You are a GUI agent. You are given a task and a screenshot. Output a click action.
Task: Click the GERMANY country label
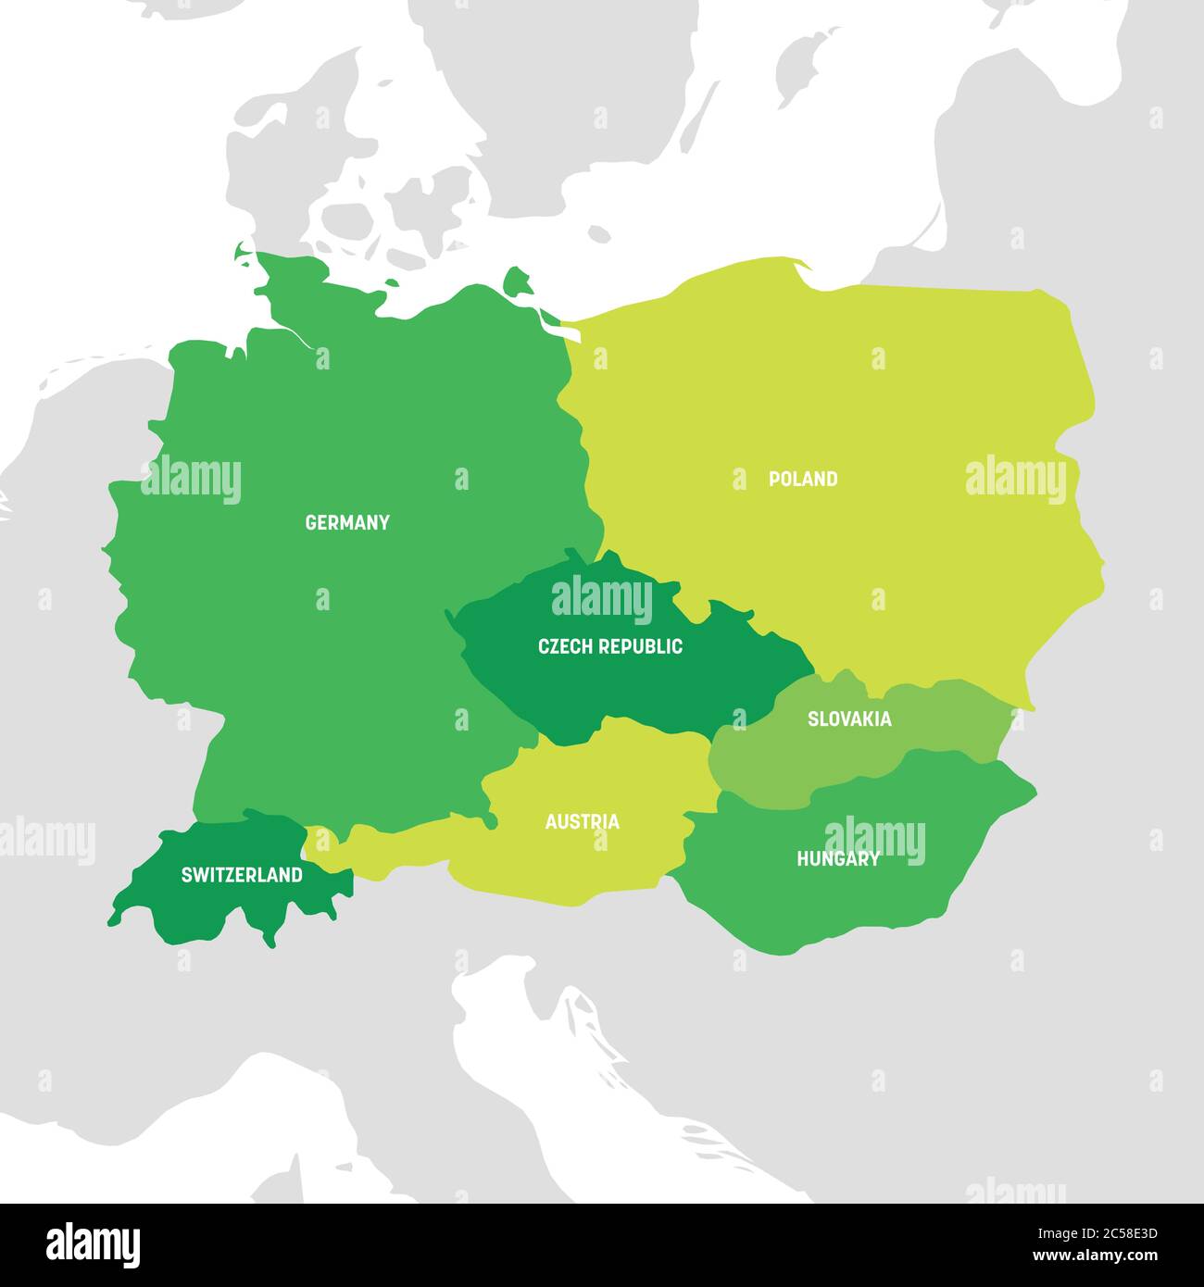tap(347, 522)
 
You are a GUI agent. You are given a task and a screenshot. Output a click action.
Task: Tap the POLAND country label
tap(803, 479)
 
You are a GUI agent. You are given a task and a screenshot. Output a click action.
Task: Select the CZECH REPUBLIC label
tap(610, 646)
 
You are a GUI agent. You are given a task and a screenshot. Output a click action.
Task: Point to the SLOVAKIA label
tap(849, 718)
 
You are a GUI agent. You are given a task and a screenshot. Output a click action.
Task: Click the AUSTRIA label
tap(582, 821)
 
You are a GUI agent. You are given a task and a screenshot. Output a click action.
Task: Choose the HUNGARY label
tap(838, 859)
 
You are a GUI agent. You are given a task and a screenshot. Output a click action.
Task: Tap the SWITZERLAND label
tap(242, 874)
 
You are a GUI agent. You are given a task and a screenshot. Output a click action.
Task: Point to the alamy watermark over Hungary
tap(874, 841)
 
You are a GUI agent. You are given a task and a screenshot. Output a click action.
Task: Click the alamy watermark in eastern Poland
tap(1016, 480)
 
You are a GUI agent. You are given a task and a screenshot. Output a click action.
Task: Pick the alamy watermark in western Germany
tap(191, 480)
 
